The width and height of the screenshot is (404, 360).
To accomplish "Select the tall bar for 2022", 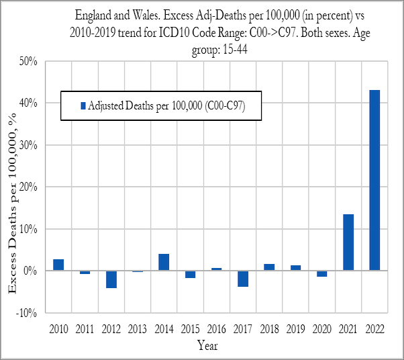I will [x=374, y=180].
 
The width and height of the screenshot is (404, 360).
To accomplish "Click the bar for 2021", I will [x=348, y=242].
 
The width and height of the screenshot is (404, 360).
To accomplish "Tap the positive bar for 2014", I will [x=164, y=262].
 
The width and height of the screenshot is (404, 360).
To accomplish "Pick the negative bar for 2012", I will [x=111, y=279].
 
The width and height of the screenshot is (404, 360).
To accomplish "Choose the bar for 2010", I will [x=58, y=265].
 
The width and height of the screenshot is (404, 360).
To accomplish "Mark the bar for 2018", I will [x=269, y=267].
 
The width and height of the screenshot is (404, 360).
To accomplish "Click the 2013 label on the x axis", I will [x=138, y=329].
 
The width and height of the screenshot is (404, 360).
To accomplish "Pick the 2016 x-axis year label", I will [x=216, y=329].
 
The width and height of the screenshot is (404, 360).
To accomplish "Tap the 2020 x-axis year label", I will [x=321, y=329].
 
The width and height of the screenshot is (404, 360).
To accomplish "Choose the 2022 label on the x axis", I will [x=374, y=329].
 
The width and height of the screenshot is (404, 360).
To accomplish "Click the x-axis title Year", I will [x=207, y=346].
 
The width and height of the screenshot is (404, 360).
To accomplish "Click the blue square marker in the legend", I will [x=83, y=105].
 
